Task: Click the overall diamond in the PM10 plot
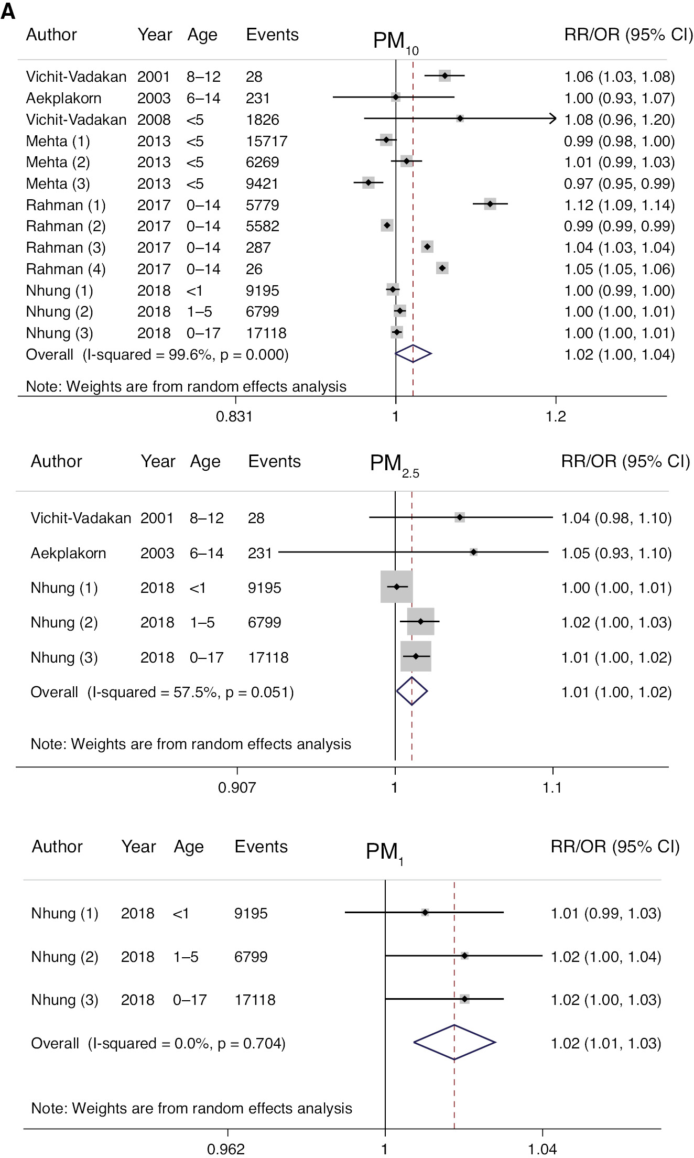[x=413, y=354]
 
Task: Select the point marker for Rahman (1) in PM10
[x=490, y=204]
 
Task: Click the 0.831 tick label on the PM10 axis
[x=234, y=417]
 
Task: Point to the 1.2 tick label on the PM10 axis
[x=556, y=417]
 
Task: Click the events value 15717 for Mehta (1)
[x=266, y=141]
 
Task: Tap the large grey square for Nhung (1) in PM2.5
[x=396, y=587]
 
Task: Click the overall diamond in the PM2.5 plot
[x=412, y=691]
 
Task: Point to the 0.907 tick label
[x=237, y=787]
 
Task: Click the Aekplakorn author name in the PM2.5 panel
[x=68, y=553]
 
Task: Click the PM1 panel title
[x=384, y=852]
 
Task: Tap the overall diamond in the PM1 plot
[x=454, y=1043]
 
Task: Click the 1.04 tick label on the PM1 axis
[x=542, y=1150]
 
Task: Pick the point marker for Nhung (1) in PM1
[x=425, y=913]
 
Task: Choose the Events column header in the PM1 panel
[x=261, y=847]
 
